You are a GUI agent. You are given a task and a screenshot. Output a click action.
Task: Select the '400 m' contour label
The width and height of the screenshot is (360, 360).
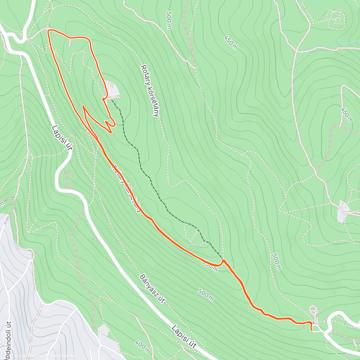point(142,346)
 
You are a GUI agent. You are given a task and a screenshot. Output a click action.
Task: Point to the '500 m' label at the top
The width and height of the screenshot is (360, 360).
point(169,21)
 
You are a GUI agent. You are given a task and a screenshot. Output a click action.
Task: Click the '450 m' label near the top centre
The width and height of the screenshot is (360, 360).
point(231,43)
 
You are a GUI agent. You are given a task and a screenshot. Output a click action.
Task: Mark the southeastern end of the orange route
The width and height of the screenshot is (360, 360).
point(312,330)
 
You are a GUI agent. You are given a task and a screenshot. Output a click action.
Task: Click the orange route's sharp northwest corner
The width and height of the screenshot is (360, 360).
point(49,31)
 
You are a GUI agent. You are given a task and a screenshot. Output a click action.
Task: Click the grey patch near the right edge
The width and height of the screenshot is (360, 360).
point(342,211)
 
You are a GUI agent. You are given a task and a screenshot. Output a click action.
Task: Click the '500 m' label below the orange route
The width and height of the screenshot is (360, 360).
point(206,295)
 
